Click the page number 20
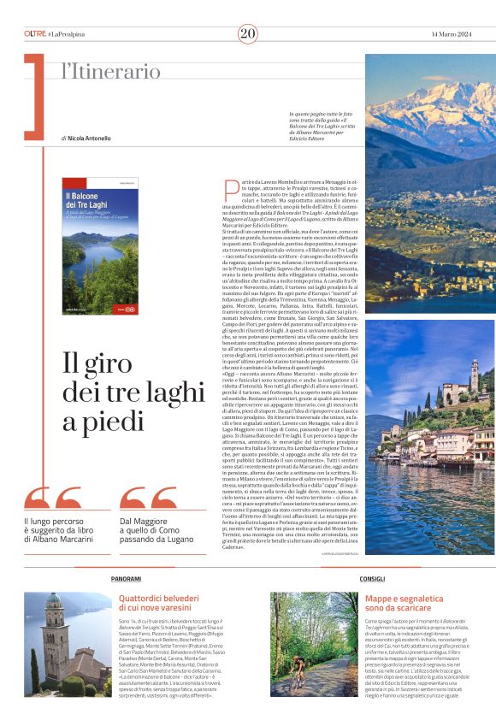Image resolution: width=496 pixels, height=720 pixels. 248,33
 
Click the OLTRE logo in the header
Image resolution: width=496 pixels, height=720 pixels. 35,33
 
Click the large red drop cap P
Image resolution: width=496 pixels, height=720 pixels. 229,191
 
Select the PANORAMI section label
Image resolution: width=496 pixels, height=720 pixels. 126,579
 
